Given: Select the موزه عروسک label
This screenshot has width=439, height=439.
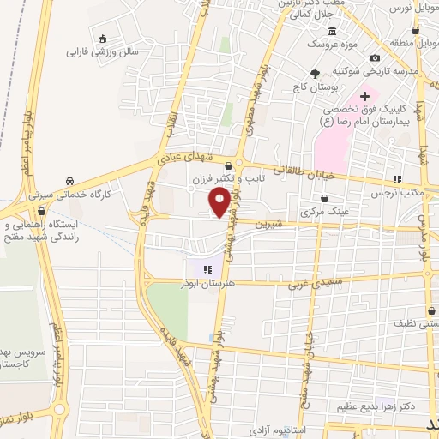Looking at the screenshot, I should point(325,43).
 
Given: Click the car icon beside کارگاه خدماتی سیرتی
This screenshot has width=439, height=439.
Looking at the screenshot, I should point(69,182).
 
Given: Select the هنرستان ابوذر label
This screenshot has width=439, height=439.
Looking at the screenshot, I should point(207,282).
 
